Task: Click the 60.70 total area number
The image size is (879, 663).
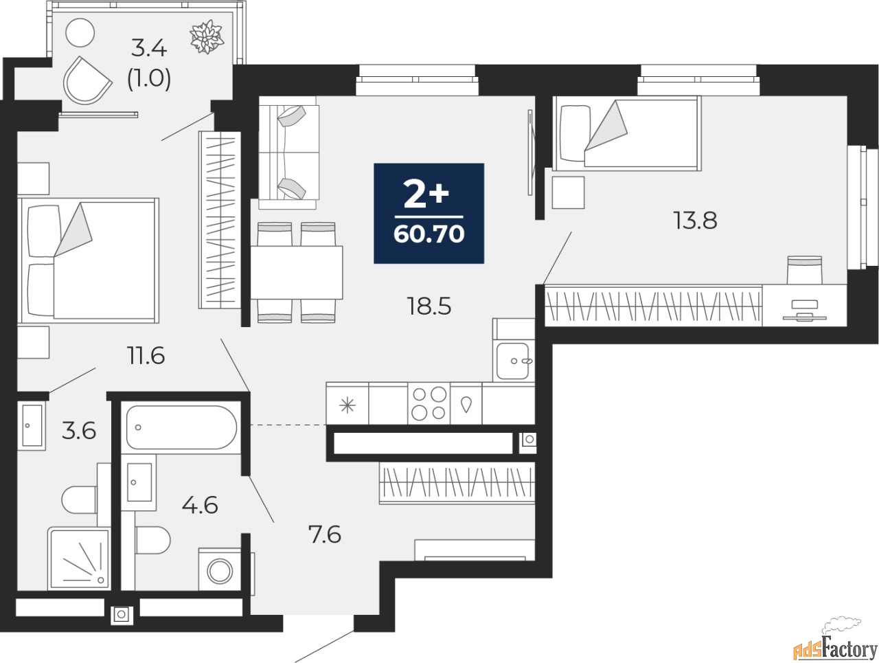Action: pyautogui.click(x=429, y=234)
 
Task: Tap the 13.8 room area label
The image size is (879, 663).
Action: pyautogui.click(x=695, y=221)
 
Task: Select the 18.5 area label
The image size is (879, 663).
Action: pyautogui.click(x=429, y=306)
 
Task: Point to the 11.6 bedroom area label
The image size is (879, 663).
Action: pyautogui.click(x=146, y=355)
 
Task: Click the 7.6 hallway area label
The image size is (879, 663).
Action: pyautogui.click(x=325, y=535)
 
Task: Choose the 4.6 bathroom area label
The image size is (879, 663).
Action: pyautogui.click(x=200, y=505)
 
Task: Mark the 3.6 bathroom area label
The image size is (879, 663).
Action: pyautogui.click(x=79, y=431)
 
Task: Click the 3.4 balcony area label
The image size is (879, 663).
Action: pyautogui.click(x=148, y=49)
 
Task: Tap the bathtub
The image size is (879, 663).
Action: pyautogui.click(x=181, y=427)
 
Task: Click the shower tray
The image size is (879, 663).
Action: pyautogui.click(x=79, y=559)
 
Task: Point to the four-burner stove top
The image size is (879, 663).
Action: pyautogui.click(x=429, y=404)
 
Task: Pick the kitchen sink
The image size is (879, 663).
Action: pyautogui.click(x=513, y=361)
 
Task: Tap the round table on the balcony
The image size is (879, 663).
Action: pyautogui.click(x=80, y=32)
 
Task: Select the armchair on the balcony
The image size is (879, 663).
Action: pyautogui.click(x=87, y=80)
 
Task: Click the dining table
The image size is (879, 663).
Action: pyautogui.click(x=297, y=272)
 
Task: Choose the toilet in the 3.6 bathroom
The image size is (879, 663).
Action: pyautogui.click(x=79, y=499)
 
